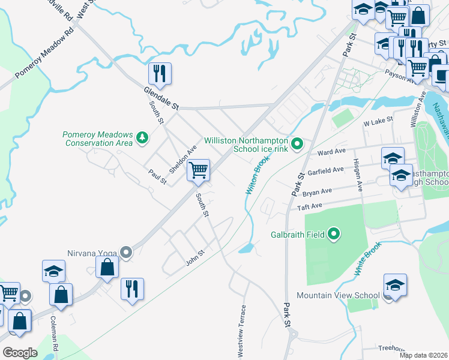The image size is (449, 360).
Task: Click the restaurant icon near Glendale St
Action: click(160, 74)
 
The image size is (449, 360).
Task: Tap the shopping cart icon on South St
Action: click(197, 170)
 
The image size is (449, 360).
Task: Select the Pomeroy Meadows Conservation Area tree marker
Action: click(142, 138)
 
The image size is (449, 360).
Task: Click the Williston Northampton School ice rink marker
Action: click(297, 144)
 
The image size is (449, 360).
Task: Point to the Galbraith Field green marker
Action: click(334, 235)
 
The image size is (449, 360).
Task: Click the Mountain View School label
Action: click(339, 295)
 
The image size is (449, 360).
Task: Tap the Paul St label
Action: click(157, 177)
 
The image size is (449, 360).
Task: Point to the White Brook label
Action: click(367, 259)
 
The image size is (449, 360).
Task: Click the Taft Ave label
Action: click(310, 207)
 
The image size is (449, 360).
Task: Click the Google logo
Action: click(20, 352)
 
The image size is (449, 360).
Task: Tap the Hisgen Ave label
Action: click(358, 174)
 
